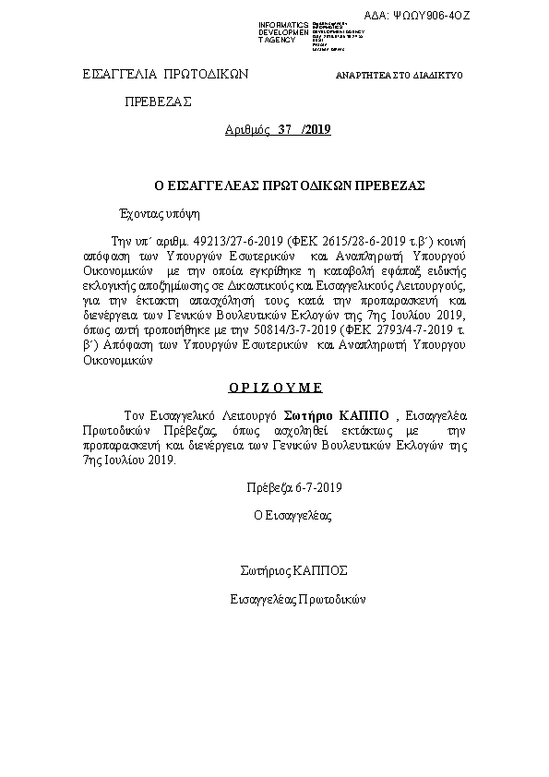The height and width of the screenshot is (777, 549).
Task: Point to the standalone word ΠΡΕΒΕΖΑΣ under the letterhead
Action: coord(158,102)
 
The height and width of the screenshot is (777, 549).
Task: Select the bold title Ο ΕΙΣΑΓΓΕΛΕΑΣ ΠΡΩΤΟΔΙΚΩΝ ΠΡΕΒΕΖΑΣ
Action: coord(276,185)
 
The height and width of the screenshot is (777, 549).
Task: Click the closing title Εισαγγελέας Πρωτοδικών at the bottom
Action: coord(298,599)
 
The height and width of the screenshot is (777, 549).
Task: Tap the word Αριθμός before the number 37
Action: coord(247,130)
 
